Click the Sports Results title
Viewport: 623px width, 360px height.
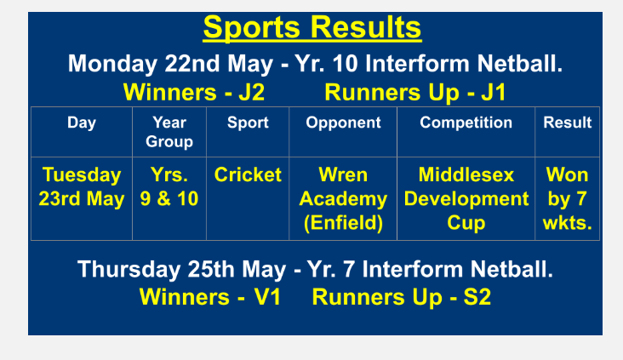tap(311, 28)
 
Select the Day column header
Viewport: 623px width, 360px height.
tap(82, 123)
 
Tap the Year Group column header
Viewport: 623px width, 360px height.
tap(169, 132)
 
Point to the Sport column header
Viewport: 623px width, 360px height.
tap(248, 123)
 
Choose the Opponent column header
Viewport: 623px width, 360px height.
tap(343, 123)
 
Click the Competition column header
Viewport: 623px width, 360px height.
tap(466, 123)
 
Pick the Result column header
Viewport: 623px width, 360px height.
tap(568, 123)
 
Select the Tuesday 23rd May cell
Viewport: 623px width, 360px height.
tap(82, 186)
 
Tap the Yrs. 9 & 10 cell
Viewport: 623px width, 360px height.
tap(169, 186)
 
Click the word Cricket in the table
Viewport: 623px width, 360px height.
tap(248, 174)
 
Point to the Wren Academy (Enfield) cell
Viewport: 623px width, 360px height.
tap(343, 198)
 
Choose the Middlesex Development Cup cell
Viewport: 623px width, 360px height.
tap(466, 198)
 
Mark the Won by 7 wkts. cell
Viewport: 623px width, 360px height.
tap(568, 198)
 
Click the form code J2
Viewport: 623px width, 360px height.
tap(252, 93)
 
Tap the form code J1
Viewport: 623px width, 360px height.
tap(494, 93)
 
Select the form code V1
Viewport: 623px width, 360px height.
tap(267, 297)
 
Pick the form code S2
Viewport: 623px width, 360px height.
tap(477, 297)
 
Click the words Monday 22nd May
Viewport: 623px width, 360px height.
tap(170, 64)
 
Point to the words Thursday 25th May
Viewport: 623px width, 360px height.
tap(181, 270)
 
